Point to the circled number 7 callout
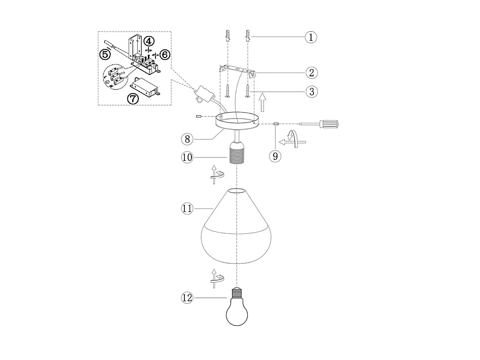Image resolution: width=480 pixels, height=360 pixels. point(132,99)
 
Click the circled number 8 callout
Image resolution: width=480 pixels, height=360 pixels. point(188,139)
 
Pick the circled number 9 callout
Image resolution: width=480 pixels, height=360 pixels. point(275,156)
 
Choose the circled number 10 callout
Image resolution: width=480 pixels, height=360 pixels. point(188,157)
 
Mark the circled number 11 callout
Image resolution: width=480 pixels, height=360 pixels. point(188,208)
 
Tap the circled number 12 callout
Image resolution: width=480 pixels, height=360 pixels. point(188,298)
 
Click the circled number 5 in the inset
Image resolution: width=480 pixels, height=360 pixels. point(105,54)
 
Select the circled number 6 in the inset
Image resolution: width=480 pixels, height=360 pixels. point(164,55)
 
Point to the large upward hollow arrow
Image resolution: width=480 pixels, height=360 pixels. point(262,103)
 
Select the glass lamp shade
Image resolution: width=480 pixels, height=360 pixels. point(237,230)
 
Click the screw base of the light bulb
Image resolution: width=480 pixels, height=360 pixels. point(237,291)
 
